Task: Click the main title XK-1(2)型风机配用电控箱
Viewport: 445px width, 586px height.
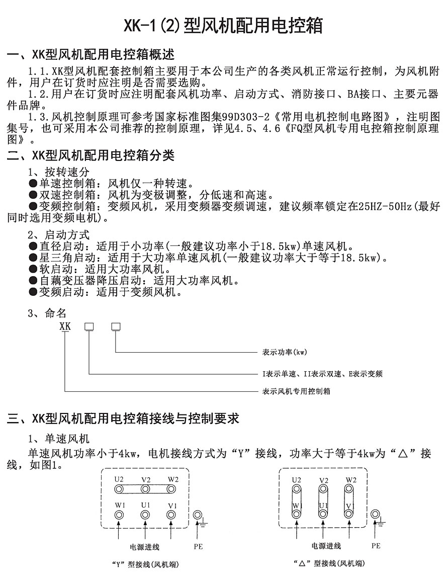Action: pos(223,25)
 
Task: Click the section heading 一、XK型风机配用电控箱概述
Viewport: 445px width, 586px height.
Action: pos(91,55)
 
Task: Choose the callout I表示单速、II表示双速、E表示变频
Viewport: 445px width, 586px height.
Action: pos(322,374)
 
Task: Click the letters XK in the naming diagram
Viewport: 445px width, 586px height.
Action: pos(65,326)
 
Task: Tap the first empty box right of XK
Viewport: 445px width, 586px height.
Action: pos(89,326)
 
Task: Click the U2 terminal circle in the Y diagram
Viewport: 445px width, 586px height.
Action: pos(119,488)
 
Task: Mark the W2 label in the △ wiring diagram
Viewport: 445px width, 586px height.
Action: pos(350,479)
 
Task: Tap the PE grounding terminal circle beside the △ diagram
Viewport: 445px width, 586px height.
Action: pos(375,515)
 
